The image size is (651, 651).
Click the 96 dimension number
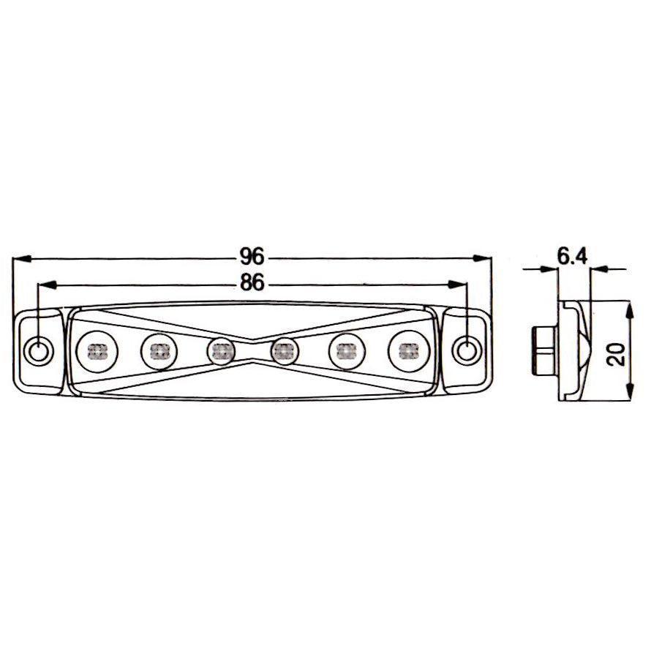[252, 257]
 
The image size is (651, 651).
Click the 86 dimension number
[252, 283]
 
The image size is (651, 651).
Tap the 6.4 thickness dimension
[572, 257]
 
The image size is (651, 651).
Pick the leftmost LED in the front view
[97, 352]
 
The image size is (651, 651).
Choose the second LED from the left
[159, 352]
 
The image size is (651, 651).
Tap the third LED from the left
[221, 352]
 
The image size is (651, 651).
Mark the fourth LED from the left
[285, 352]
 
